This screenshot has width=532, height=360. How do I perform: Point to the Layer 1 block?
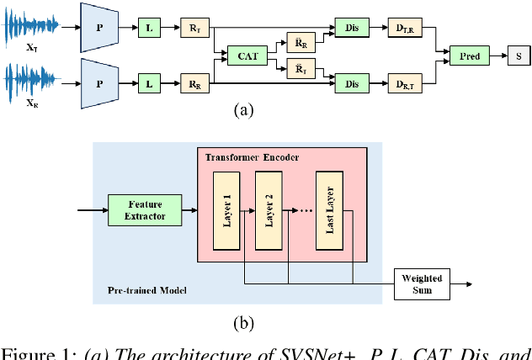click(x=226, y=211)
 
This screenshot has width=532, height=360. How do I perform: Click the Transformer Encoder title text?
click(x=250, y=156)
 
